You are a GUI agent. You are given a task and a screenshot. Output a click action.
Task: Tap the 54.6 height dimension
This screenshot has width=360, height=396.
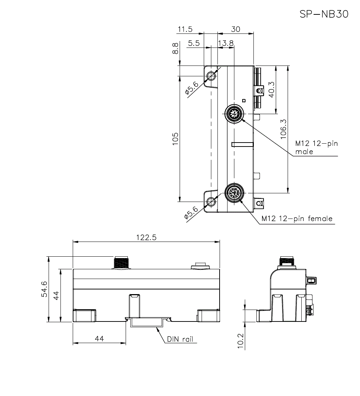coord(44,289)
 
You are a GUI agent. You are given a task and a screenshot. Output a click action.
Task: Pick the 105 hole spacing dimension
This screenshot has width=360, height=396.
coord(175,139)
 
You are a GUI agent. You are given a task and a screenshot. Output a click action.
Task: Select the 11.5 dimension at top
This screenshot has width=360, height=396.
coord(185,29)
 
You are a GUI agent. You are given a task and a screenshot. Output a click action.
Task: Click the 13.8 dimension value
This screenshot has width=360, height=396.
coord(226,43)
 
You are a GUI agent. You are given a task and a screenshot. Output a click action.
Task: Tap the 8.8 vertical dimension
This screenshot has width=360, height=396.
coord(175,48)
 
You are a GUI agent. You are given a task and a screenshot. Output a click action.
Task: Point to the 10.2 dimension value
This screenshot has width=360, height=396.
coord(241,341)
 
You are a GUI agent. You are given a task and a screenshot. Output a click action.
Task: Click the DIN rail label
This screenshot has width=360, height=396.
coord(180,339)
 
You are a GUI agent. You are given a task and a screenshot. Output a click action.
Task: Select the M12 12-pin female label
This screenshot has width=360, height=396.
coord(297,219)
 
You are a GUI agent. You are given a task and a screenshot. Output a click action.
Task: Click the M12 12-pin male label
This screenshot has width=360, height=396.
coord(317,148)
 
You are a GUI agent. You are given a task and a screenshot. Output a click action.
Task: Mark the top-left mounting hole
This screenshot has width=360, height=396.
coord(211,76)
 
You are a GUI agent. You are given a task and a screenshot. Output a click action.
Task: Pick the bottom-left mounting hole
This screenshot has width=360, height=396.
coord(211,202)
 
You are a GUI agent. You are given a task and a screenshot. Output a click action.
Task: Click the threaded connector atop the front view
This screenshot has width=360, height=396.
coord(121,262)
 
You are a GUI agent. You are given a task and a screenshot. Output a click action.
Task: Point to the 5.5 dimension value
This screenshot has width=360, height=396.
coord(194,43)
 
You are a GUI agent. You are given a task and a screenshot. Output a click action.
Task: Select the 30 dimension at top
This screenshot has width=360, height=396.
coord(235,29)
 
